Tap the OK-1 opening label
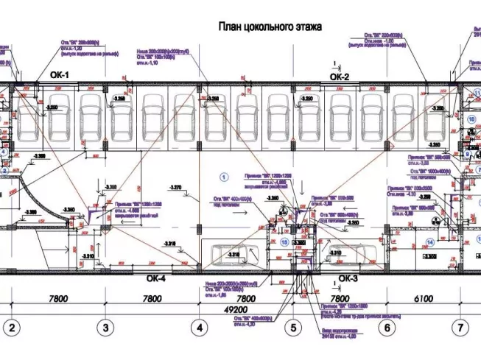tap(59, 75)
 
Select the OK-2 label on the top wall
tap(338, 76)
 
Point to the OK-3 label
tap(348, 278)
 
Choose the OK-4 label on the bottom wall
tap(155, 278)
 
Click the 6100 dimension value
tap(424, 299)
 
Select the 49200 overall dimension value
tap(246, 310)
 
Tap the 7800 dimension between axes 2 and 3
tap(58, 299)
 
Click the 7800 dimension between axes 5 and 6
tap(340, 299)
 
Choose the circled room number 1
tap(222, 176)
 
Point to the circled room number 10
tap(468, 118)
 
